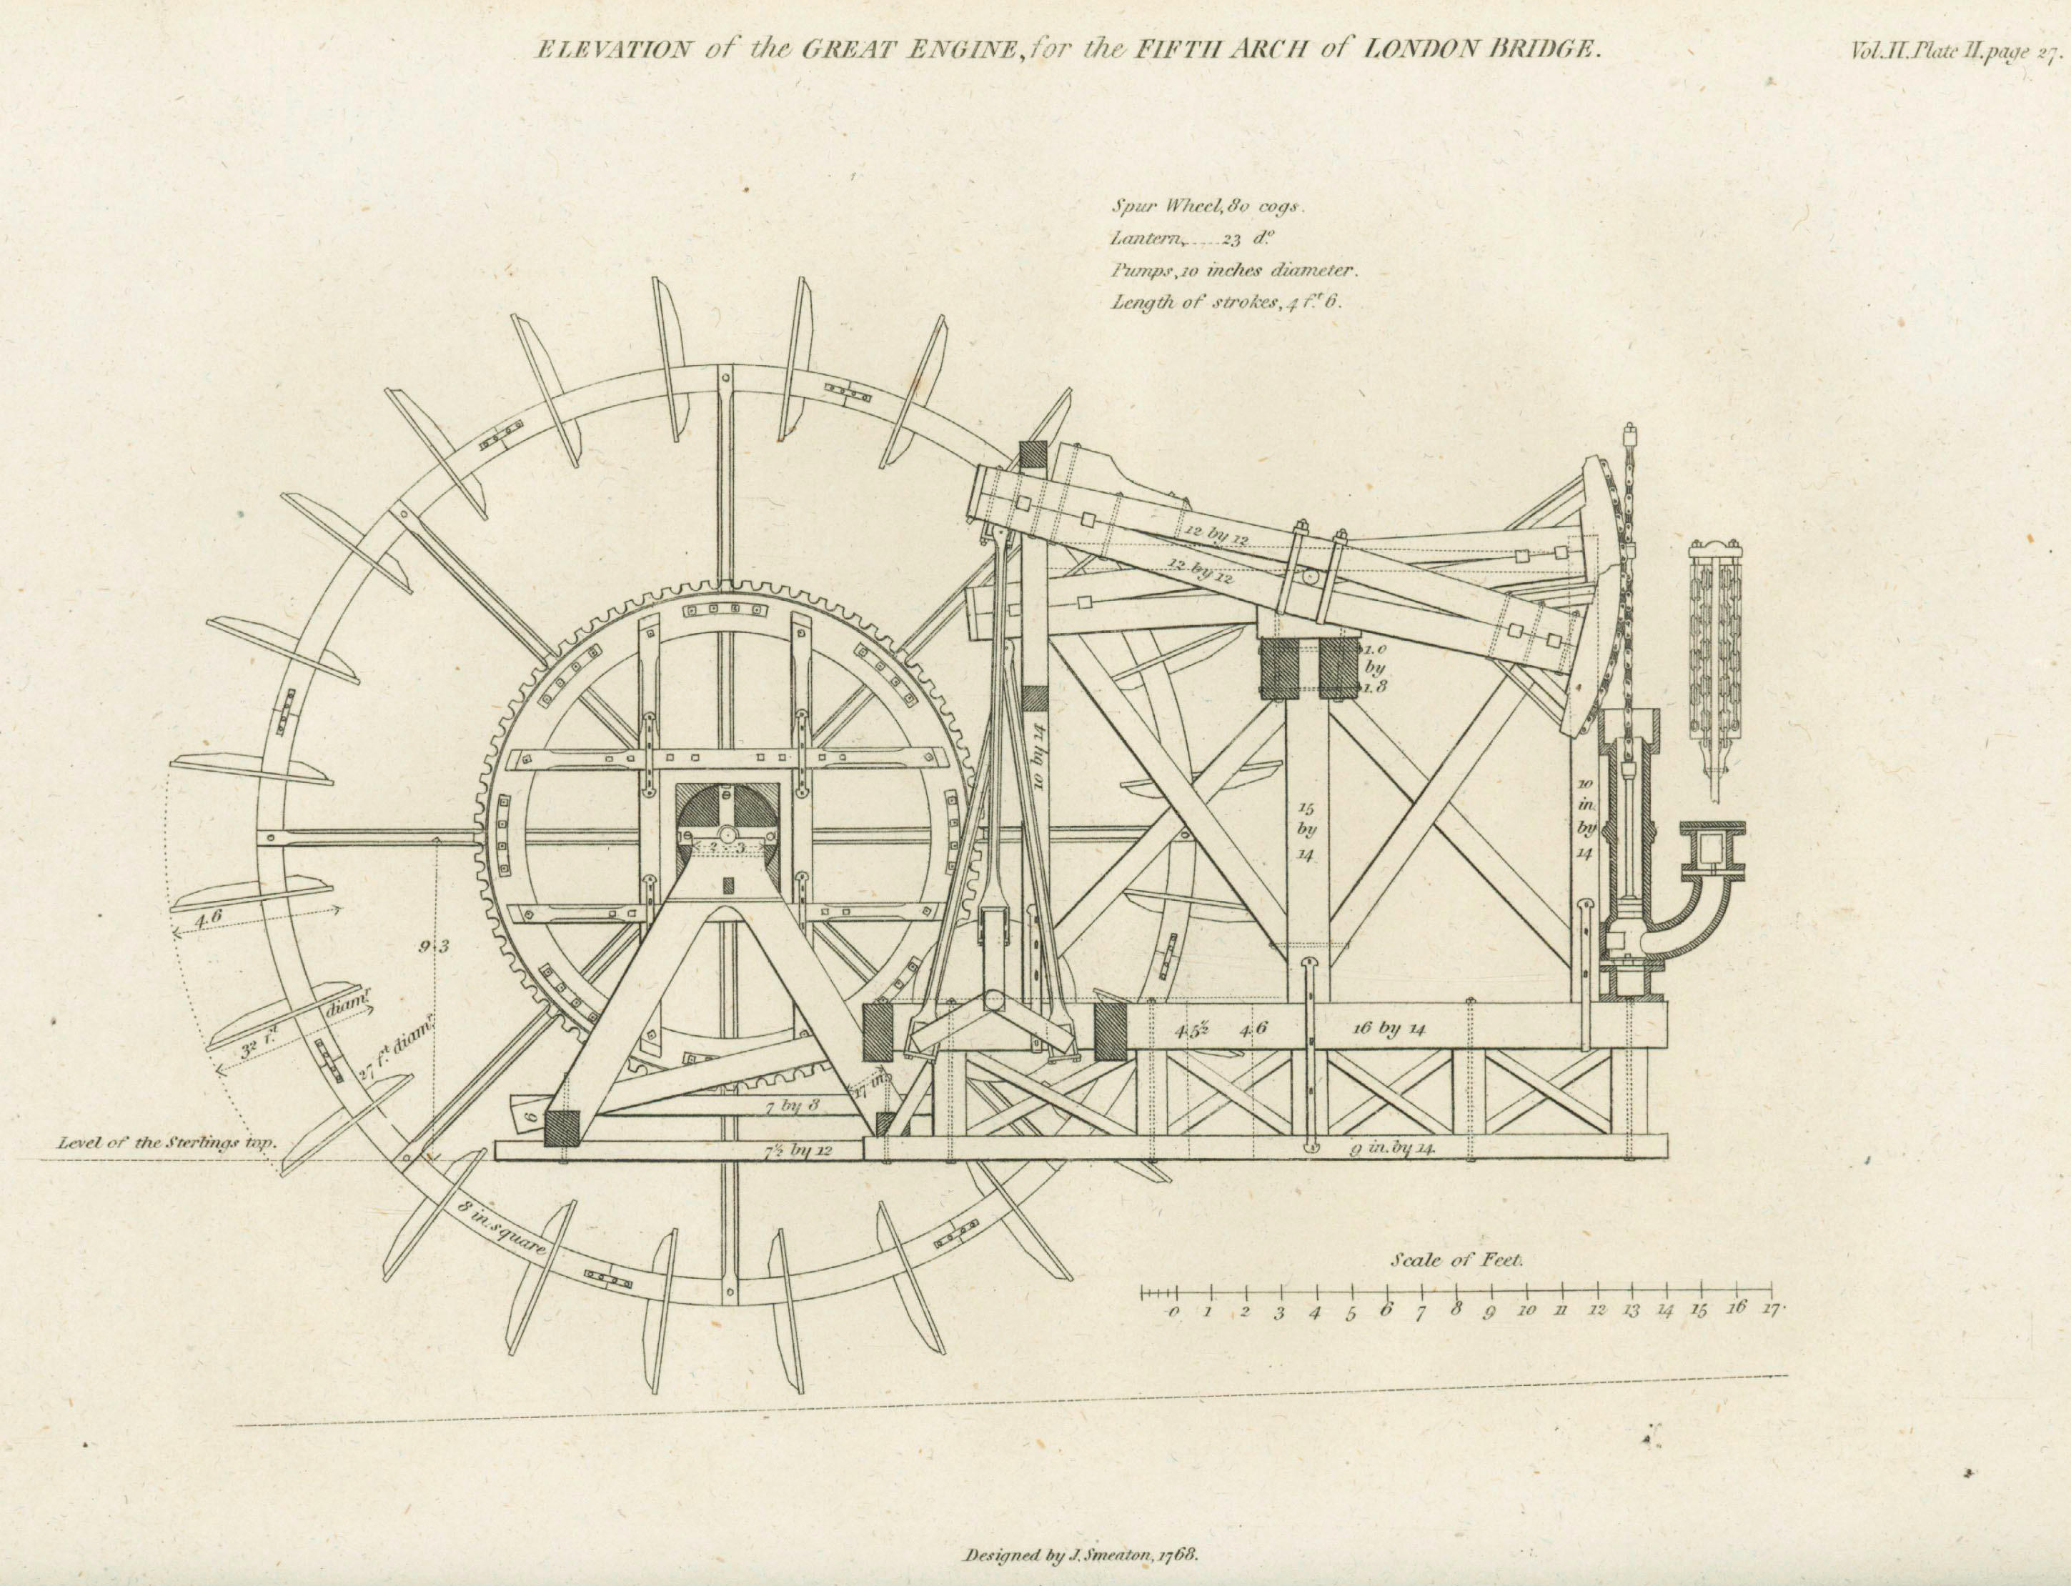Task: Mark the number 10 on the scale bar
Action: (1526, 1311)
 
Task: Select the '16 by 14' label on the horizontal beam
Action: (1389, 1029)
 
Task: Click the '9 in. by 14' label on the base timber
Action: (1393, 1149)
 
